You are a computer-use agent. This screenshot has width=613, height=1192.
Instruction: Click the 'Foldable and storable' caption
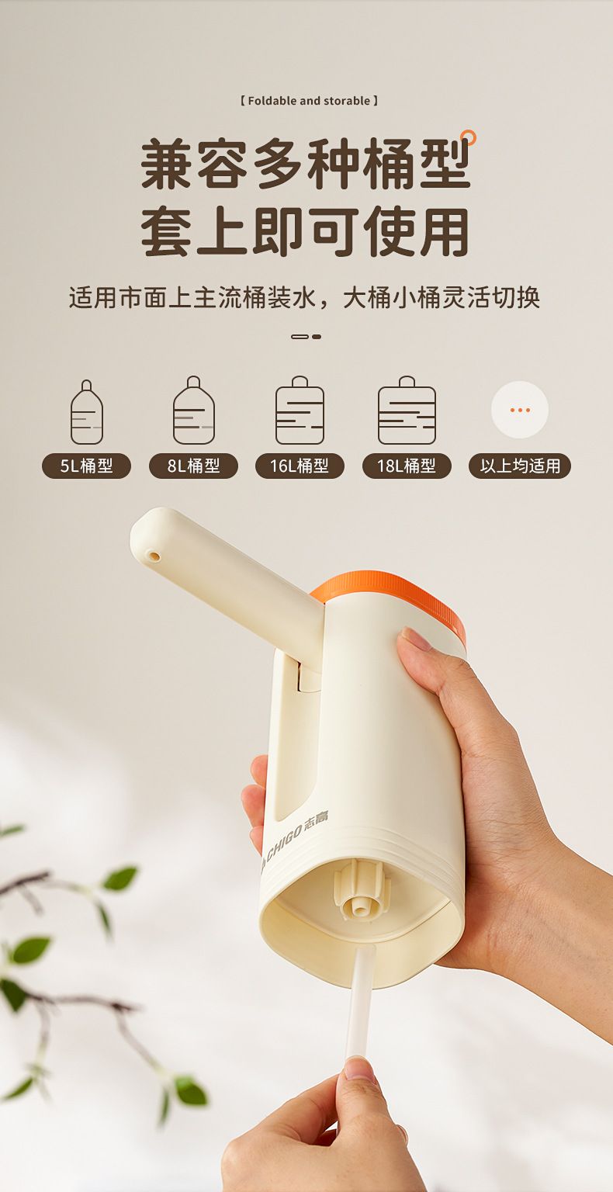pyautogui.click(x=309, y=101)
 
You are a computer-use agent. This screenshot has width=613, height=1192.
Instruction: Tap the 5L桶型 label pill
pyautogui.click(x=86, y=466)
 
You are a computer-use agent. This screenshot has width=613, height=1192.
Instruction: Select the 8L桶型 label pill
pyautogui.click(x=193, y=466)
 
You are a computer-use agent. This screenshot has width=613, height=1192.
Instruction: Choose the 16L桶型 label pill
pyautogui.click(x=300, y=466)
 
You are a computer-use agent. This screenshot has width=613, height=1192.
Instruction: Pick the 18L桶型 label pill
pyautogui.click(x=407, y=466)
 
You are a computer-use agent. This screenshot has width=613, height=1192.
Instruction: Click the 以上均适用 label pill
pyautogui.click(x=520, y=466)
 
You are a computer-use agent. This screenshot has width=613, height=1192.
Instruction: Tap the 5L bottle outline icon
pyautogui.click(x=87, y=412)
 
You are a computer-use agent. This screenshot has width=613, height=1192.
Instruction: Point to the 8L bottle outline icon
pyautogui.click(x=194, y=411)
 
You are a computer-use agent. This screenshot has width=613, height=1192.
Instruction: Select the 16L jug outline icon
pyautogui.click(x=300, y=411)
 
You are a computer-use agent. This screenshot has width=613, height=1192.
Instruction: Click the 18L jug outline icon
pyautogui.click(x=407, y=411)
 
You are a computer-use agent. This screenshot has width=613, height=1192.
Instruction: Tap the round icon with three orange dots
pyautogui.click(x=520, y=410)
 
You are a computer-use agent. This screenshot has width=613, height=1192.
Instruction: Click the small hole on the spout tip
pyautogui.click(x=154, y=556)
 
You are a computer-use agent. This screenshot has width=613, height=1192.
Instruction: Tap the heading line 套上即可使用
pyautogui.click(x=305, y=232)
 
